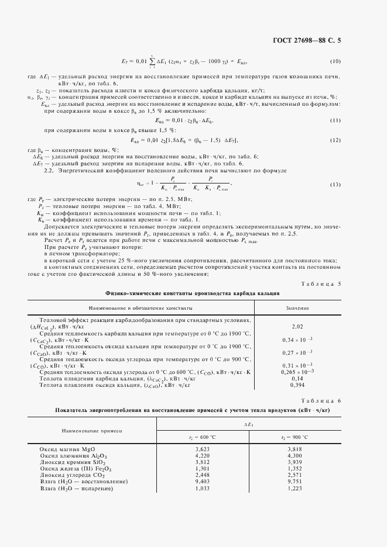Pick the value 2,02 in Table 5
point(297,326)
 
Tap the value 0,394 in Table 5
point(297,385)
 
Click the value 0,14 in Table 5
point(297,379)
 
